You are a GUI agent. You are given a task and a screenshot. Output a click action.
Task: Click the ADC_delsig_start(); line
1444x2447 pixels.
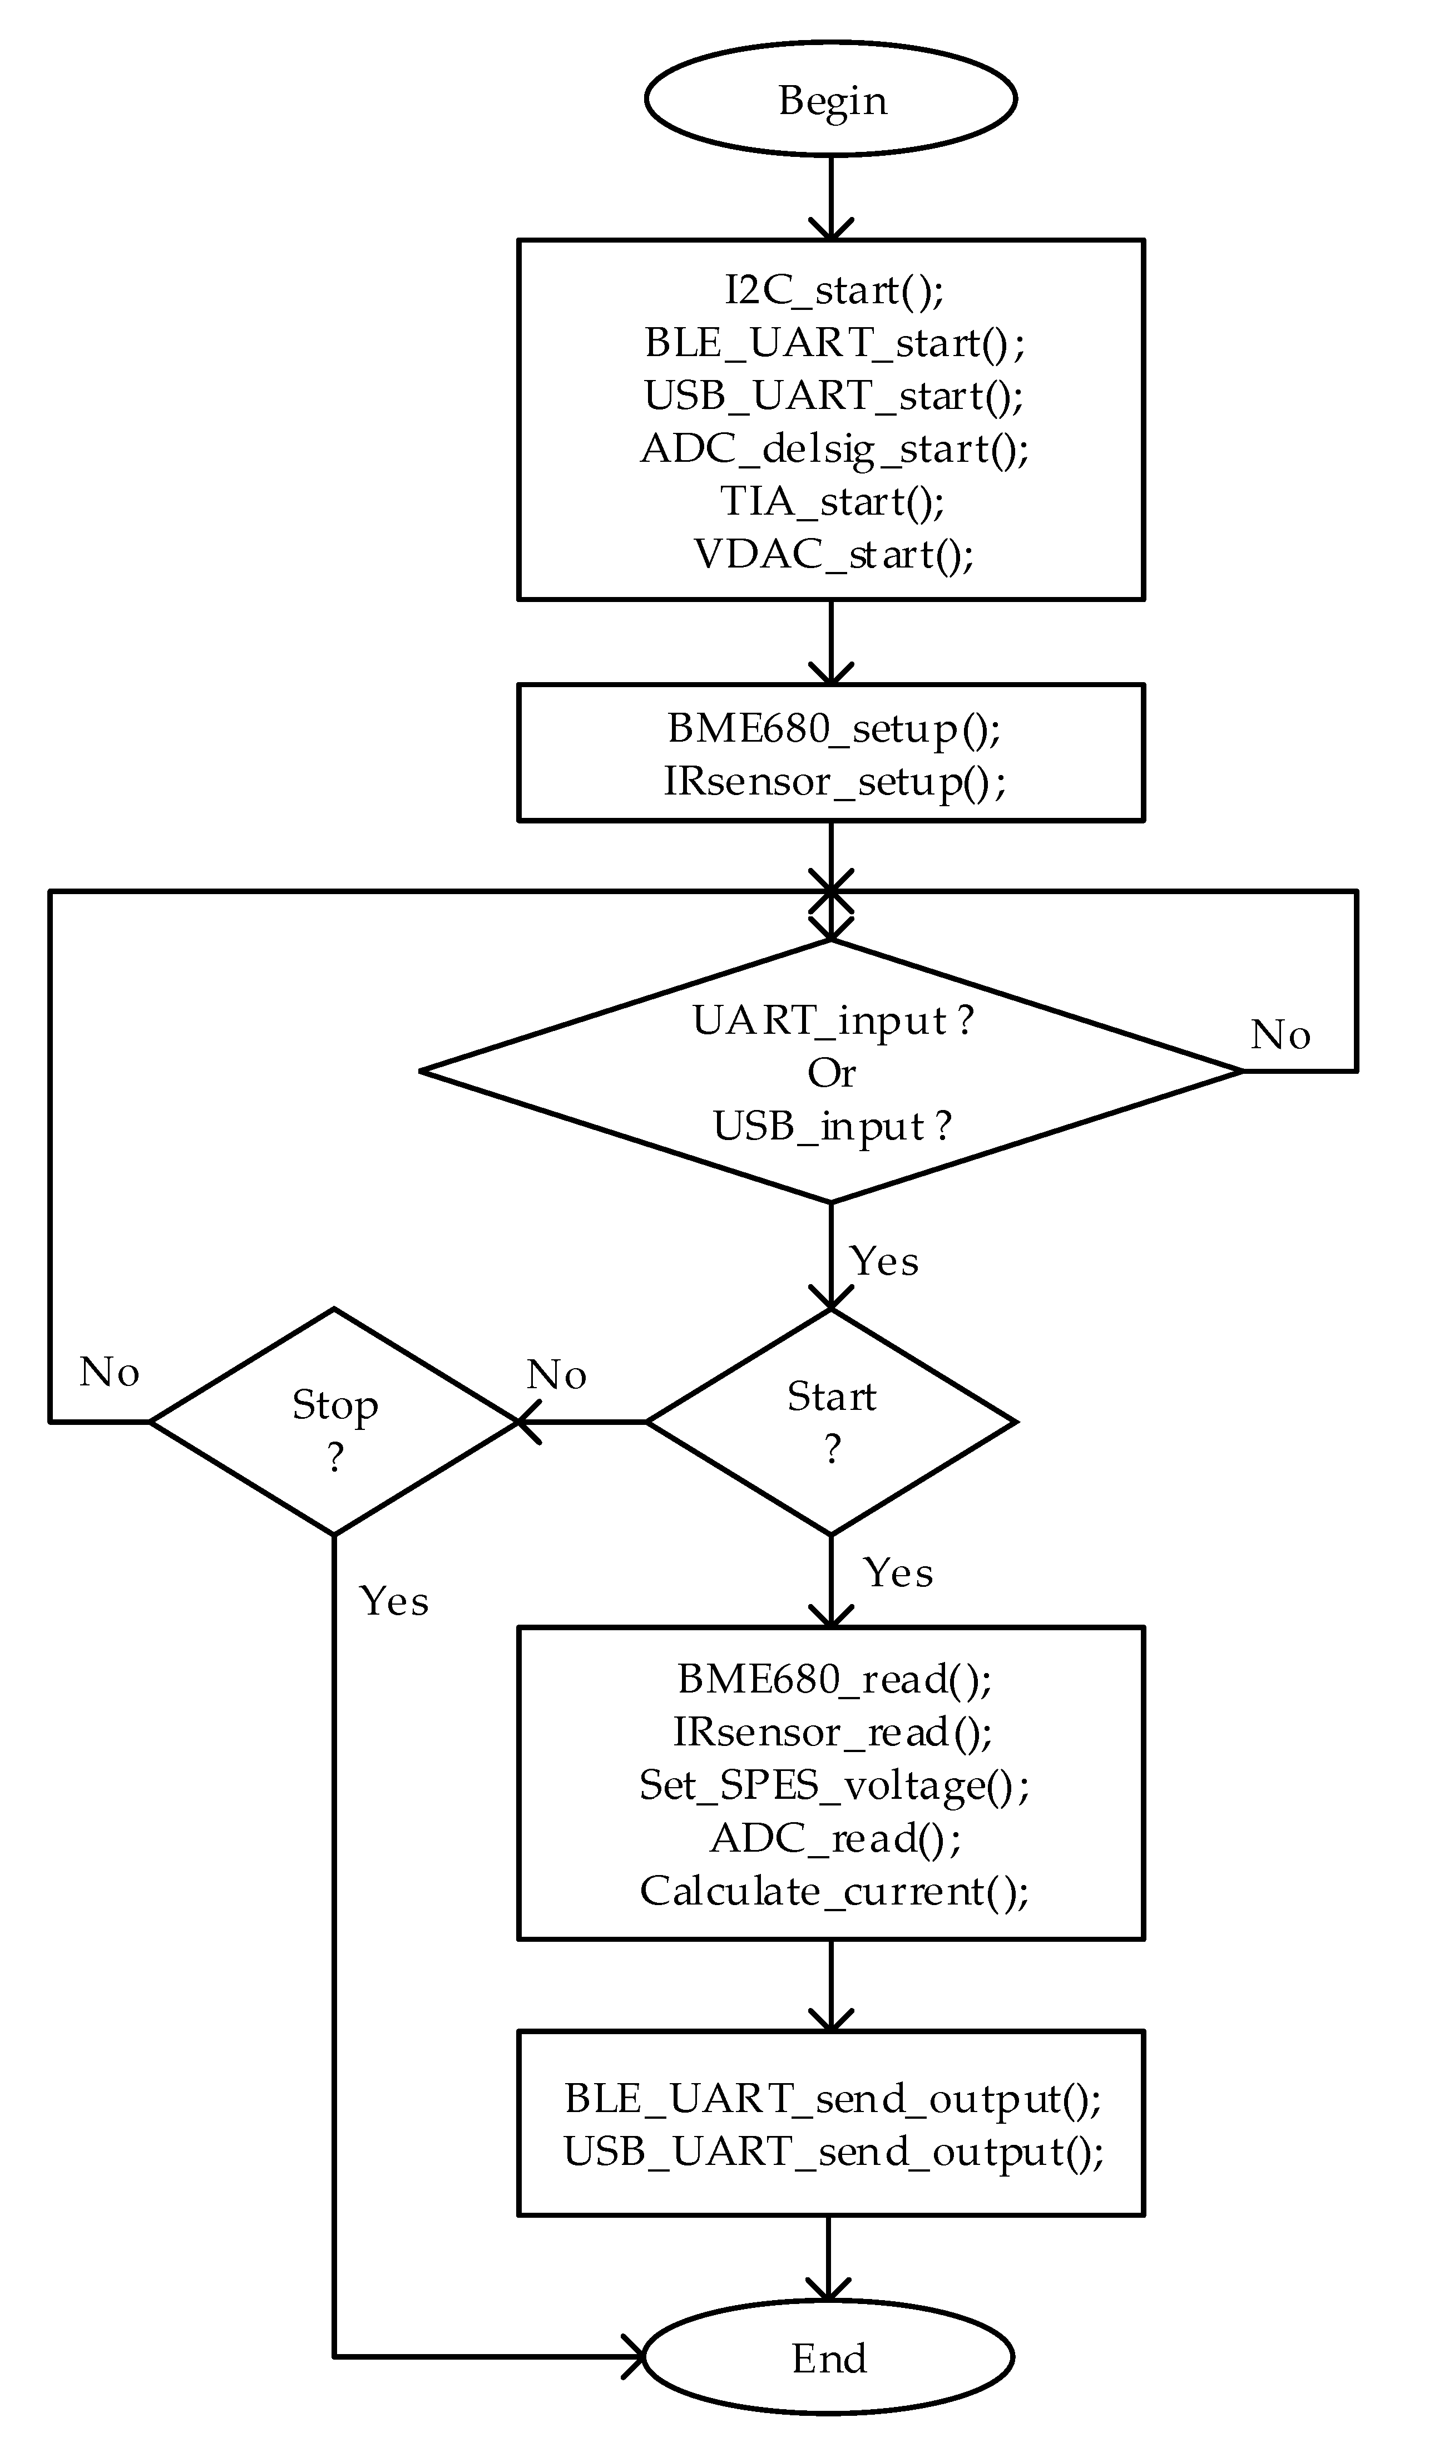tap(834, 448)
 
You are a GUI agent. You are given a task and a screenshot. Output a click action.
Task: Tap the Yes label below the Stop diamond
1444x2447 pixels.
tap(393, 1601)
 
